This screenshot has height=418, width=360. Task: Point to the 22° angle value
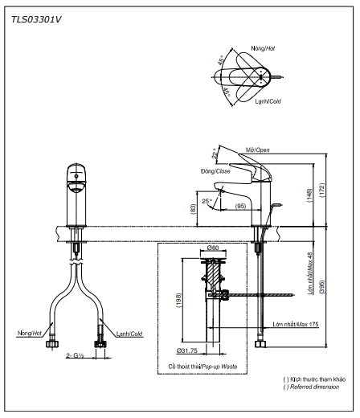(x=215, y=153)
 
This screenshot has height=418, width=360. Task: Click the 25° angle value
(x=207, y=200)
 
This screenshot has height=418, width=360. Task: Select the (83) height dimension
(x=194, y=209)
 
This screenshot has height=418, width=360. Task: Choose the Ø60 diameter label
(x=213, y=248)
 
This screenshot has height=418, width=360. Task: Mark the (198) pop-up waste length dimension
(x=178, y=301)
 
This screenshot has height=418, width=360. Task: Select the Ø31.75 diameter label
(x=188, y=350)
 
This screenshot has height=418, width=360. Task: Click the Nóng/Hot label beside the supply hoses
(x=29, y=331)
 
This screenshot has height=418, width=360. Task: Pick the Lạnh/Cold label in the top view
(x=267, y=101)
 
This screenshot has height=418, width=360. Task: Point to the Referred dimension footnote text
(x=315, y=387)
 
